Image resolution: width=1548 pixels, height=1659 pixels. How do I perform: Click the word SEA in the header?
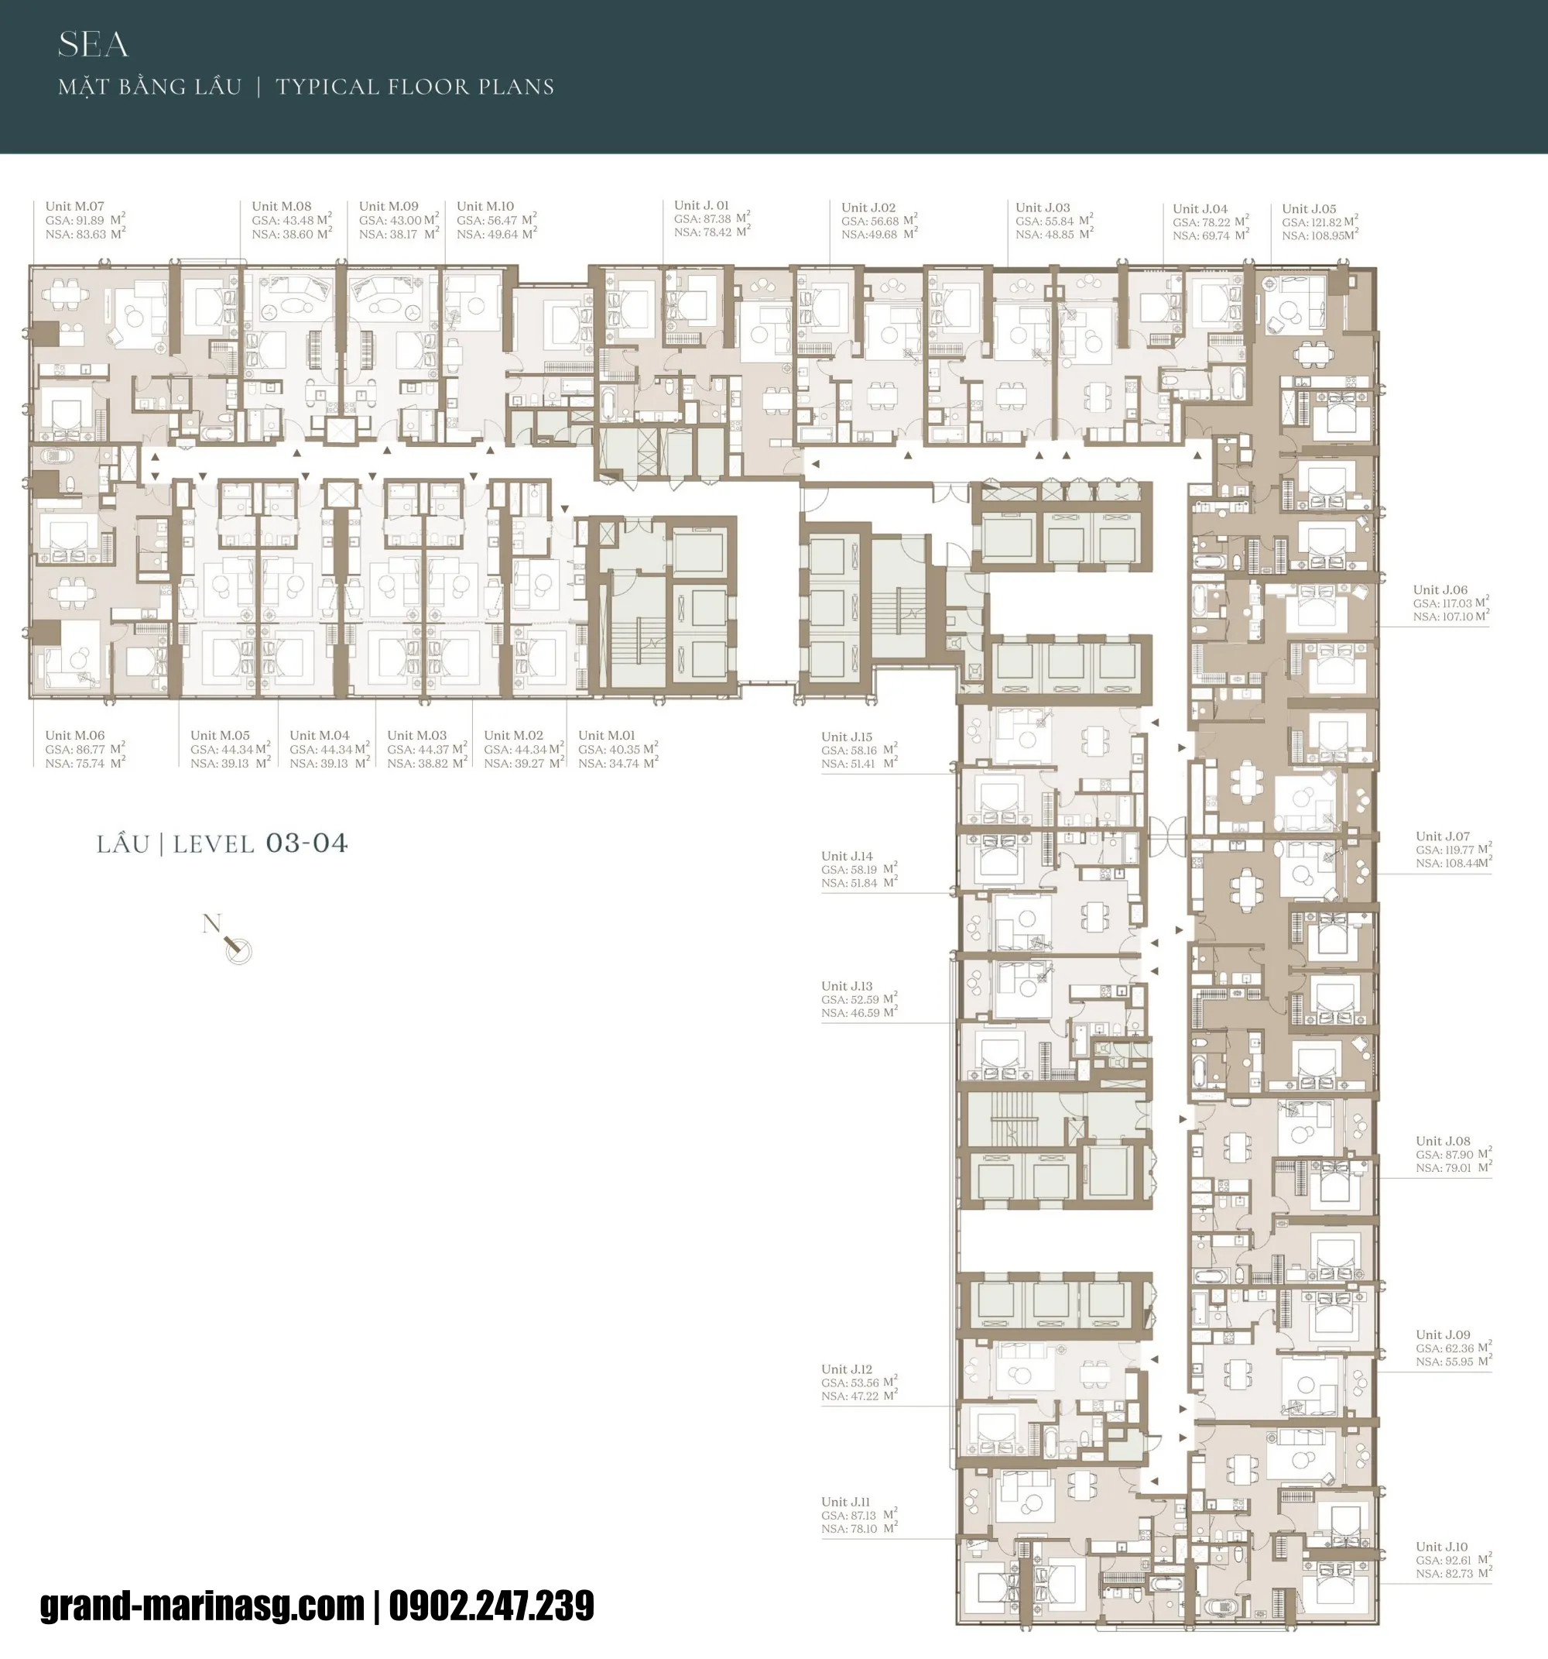pyautogui.click(x=93, y=45)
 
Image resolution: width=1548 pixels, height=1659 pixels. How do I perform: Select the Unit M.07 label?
pyautogui.click(x=75, y=206)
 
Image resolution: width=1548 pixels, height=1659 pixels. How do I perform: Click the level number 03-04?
pyautogui.click(x=306, y=843)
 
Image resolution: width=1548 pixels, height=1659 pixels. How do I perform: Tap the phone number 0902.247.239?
pyautogui.click(x=491, y=1605)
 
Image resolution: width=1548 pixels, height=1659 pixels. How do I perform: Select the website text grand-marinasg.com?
pyautogui.click(x=202, y=1605)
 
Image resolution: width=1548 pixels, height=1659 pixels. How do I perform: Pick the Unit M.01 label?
pyautogui.click(x=606, y=735)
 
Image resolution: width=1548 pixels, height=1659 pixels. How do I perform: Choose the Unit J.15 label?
pyautogui.click(x=847, y=737)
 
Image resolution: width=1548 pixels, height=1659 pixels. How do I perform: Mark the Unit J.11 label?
pyautogui.click(x=847, y=1501)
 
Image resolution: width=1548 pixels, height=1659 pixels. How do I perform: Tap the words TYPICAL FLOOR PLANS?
pyautogui.click(x=415, y=87)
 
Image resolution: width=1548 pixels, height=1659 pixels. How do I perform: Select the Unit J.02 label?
pyautogui.click(x=868, y=208)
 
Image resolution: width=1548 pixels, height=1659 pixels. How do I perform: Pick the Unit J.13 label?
pyautogui.click(x=847, y=985)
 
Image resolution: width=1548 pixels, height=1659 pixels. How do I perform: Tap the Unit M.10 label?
pyautogui.click(x=485, y=206)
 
